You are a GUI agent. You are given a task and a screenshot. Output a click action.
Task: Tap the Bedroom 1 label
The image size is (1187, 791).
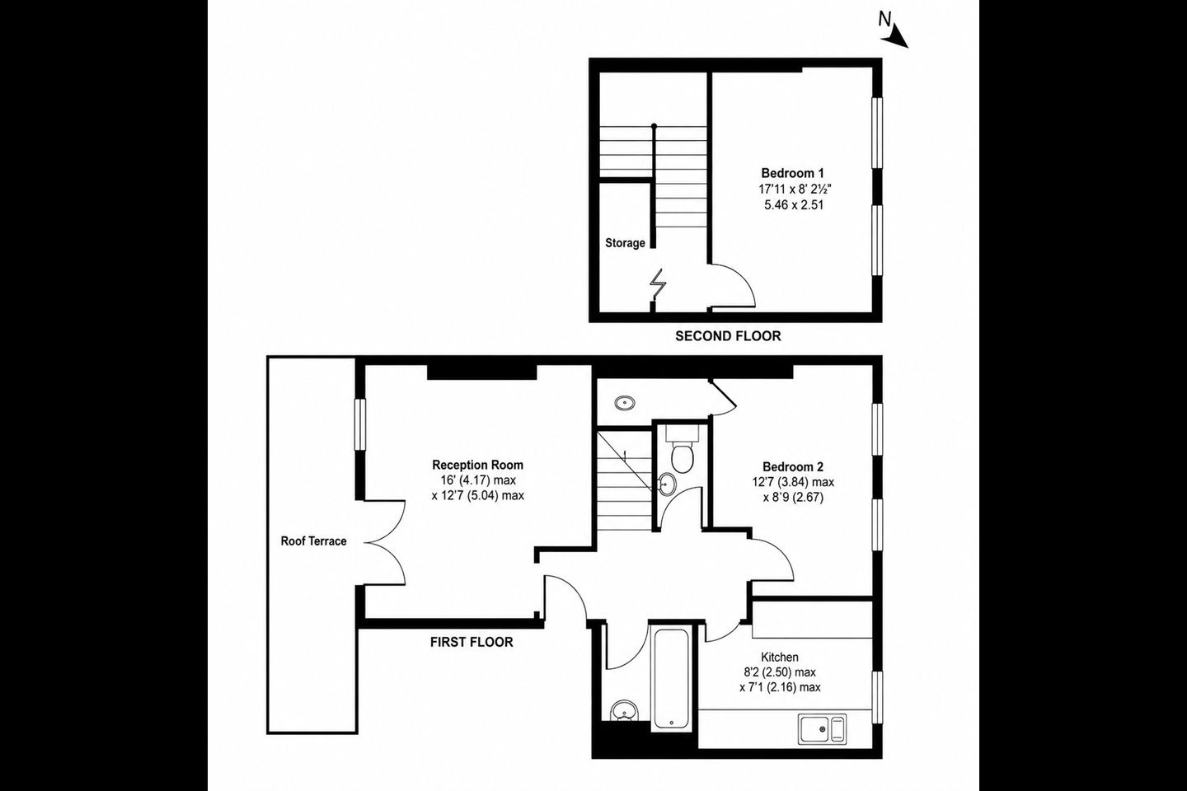(x=793, y=173)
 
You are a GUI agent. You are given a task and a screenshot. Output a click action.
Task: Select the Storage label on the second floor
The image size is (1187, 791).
(x=626, y=243)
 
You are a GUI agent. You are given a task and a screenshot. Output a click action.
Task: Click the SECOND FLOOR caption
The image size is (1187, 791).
(x=728, y=336)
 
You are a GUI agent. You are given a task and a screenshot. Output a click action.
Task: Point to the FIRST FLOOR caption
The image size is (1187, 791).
(x=472, y=643)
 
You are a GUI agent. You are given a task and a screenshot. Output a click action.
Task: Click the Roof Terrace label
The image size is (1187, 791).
(x=314, y=541)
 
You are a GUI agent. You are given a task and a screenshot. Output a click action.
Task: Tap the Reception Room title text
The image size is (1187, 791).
(x=478, y=466)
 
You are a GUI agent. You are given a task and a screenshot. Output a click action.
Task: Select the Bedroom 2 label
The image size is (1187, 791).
(x=793, y=467)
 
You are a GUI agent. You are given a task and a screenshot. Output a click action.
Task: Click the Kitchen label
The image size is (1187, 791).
(x=780, y=658)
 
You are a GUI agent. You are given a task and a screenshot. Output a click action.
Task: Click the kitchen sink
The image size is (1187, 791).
(x=823, y=729)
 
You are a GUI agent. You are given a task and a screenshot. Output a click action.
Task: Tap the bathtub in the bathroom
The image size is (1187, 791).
(x=671, y=679)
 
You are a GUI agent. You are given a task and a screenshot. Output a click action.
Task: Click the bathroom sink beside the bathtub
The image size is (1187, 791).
(x=624, y=710)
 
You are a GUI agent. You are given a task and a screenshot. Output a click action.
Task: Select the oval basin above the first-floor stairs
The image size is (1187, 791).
(x=626, y=403)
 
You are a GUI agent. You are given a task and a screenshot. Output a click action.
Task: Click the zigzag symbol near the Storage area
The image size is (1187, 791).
(x=658, y=284)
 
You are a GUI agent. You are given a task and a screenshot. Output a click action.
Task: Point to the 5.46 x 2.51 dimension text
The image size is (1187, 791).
(x=794, y=205)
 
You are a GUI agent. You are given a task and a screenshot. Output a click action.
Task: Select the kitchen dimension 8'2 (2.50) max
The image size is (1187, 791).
(x=780, y=672)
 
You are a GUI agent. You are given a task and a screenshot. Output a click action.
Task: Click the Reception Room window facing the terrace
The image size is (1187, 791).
(x=360, y=425)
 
